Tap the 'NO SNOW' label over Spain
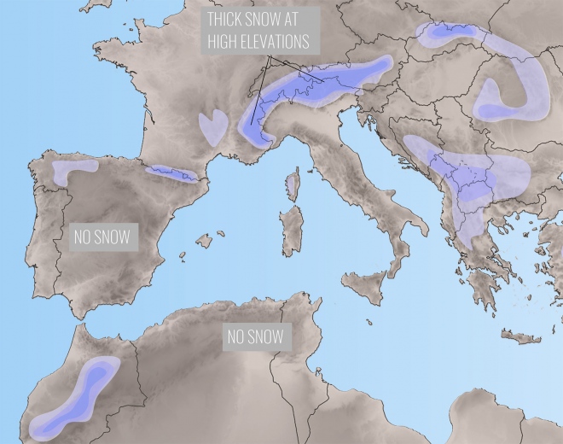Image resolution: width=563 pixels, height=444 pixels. point(102,237)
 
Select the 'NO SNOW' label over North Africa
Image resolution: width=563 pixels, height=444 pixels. point(255,336)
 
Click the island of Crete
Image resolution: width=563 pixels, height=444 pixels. point(521,336)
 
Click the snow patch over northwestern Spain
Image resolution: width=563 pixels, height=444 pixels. point(70,172)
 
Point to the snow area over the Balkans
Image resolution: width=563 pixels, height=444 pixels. point(465,179)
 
